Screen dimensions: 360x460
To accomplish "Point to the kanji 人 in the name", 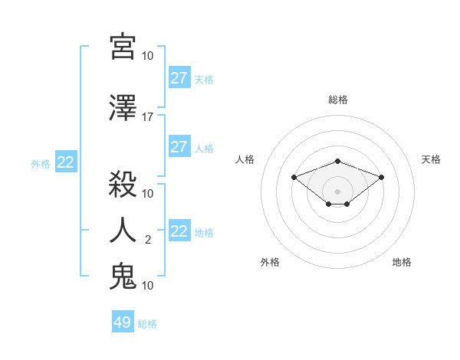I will (x=123, y=229).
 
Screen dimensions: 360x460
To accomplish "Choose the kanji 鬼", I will (x=123, y=275).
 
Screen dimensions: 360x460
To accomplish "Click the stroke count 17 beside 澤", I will (x=147, y=117).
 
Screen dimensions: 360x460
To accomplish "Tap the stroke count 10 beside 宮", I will (x=147, y=56).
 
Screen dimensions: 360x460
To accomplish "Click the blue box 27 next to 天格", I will (x=179, y=78).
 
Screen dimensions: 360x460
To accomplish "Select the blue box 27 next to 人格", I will (x=179, y=147).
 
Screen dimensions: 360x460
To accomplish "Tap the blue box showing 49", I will (x=123, y=322).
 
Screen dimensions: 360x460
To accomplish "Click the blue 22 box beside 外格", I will (x=66, y=162).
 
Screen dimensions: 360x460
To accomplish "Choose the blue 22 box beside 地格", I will (x=179, y=231).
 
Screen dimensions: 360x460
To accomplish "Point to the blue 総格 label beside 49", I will (x=147, y=324).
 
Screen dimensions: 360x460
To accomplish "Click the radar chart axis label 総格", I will (x=337, y=100).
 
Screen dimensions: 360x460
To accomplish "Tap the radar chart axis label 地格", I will (x=402, y=262).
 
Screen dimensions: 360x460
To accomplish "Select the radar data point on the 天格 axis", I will (x=381, y=177).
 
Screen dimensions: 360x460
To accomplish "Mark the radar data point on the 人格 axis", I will (x=294, y=177).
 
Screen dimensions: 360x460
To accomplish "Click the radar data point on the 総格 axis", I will (x=337, y=161).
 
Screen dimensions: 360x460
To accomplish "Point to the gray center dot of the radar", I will (x=337, y=191).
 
